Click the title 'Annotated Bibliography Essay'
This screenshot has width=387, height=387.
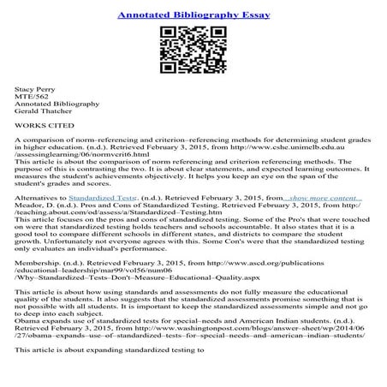coord(193,15)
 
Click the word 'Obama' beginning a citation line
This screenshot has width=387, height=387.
coord(31,333)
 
